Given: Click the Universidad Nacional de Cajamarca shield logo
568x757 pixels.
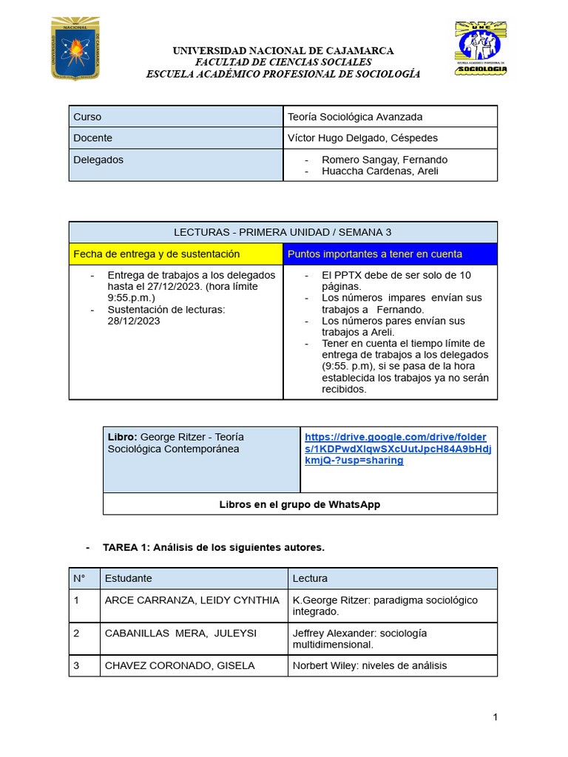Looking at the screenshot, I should pyautogui.click(x=75, y=50).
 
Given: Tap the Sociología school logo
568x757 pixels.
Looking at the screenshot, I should pyautogui.click(x=480, y=48).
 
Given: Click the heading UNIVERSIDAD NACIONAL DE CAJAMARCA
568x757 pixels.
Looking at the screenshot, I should pyautogui.click(x=283, y=51).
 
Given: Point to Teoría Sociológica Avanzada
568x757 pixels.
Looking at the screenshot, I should pyautogui.click(x=355, y=117).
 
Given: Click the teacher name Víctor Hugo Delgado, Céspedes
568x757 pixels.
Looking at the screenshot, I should pyautogui.click(x=362, y=138).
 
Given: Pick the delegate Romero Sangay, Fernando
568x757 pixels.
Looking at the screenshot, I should pyautogui.click(x=385, y=160).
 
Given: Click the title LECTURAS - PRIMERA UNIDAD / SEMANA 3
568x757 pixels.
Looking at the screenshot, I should pyautogui.click(x=283, y=232).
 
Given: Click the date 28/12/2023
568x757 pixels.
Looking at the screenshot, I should pyautogui.click(x=134, y=321).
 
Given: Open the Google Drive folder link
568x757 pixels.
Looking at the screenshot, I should pyautogui.click(x=398, y=449).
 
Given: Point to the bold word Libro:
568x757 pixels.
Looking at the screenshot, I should pyautogui.click(x=123, y=437).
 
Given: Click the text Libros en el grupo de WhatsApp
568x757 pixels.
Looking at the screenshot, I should pyautogui.click(x=300, y=504).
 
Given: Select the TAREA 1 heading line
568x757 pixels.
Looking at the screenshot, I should pyautogui.click(x=214, y=548).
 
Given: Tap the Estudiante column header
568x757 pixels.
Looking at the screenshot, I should pyautogui.click(x=129, y=579).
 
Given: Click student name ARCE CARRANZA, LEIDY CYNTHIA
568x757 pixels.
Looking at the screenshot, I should pyautogui.click(x=192, y=600).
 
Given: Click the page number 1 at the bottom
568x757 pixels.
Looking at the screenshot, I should pyautogui.click(x=496, y=718).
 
